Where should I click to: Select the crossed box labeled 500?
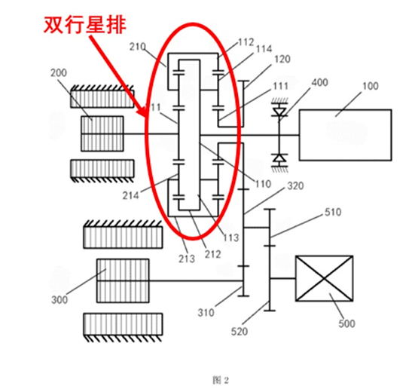click(x=323, y=280)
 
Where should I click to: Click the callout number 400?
click(x=319, y=81)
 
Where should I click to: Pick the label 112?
click(x=246, y=42)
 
